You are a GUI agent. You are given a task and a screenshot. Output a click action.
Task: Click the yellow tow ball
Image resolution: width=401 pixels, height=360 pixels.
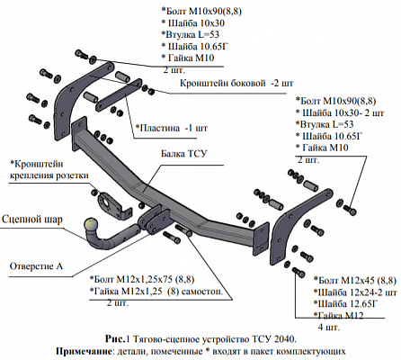tap(91, 225)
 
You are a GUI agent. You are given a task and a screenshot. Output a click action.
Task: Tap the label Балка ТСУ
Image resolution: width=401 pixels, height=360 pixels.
tap(184, 154)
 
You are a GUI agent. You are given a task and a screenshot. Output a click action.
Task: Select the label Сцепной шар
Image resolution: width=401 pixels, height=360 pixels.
tap(32, 220)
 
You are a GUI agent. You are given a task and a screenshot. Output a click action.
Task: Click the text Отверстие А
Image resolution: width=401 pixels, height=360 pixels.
tap(36, 266)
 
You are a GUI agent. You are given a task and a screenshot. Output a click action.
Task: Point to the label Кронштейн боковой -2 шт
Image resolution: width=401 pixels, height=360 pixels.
tap(236, 83)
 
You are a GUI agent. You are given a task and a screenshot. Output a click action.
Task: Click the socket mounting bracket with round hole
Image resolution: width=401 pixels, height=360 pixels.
tap(113, 205)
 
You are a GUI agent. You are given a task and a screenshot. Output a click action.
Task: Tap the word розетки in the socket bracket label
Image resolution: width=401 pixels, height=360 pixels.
tap(74, 175)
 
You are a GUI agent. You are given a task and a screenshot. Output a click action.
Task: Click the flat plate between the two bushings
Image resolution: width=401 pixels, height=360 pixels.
tap(119, 94)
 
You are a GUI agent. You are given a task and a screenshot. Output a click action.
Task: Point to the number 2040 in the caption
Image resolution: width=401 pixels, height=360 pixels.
tap(284, 339)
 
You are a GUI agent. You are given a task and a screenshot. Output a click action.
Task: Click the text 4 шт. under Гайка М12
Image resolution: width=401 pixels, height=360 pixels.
tap(329, 327)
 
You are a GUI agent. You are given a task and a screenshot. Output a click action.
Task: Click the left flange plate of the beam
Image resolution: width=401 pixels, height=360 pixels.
tap(79, 131)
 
